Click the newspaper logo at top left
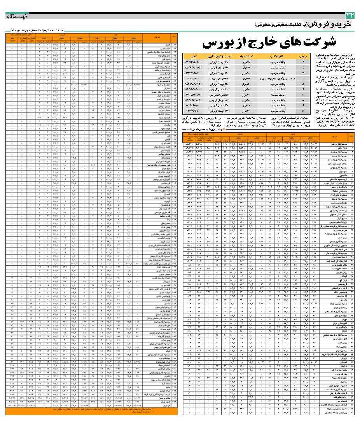[x=14, y=17]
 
